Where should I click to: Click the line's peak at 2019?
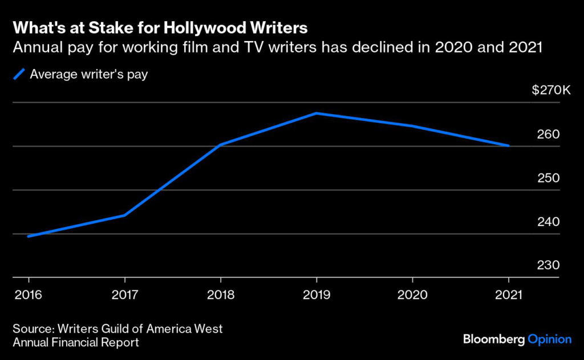tap(317, 113)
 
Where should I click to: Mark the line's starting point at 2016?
tap(29, 236)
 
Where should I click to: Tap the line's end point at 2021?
tap(508, 145)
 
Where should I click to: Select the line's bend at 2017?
tap(125, 215)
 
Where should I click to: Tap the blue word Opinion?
tap(549, 339)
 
